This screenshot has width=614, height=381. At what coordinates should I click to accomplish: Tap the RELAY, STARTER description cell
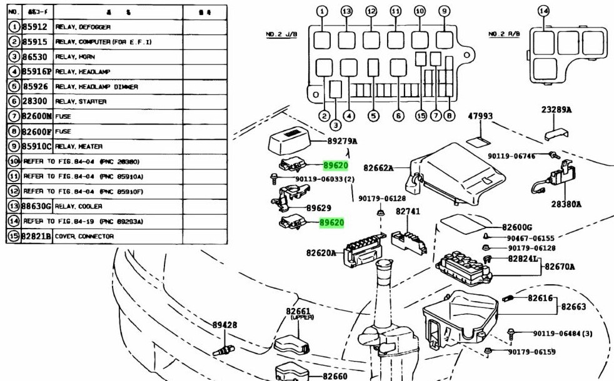pyautogui.click(x=81, y=102)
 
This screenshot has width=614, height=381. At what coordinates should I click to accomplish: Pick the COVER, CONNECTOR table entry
pyautogui.click(x=84, y=237)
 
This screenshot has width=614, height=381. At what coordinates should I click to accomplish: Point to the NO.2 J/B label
pyautogui.click(x=279, y=34)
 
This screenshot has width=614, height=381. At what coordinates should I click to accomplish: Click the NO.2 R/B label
pyautogui.click(x=505, y=34)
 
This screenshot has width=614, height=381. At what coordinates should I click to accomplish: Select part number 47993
pyautogui.click(x=480, y=116)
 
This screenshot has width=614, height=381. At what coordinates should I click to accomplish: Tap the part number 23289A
pyautogui.click(x=556, y=110)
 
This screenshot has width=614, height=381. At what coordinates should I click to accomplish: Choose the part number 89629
pyautogui.click(x=319, y=208)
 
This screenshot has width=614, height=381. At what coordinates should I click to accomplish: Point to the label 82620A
pyautogui.click(x=321, y=253)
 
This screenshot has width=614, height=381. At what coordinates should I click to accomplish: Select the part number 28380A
pyautogui.click(x=566, y=204)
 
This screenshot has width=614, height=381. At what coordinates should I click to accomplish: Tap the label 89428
pyautogui.click(x=224, y=325)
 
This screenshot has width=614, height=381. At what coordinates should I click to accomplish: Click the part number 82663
pyautogui.click(x=573, y=307)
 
